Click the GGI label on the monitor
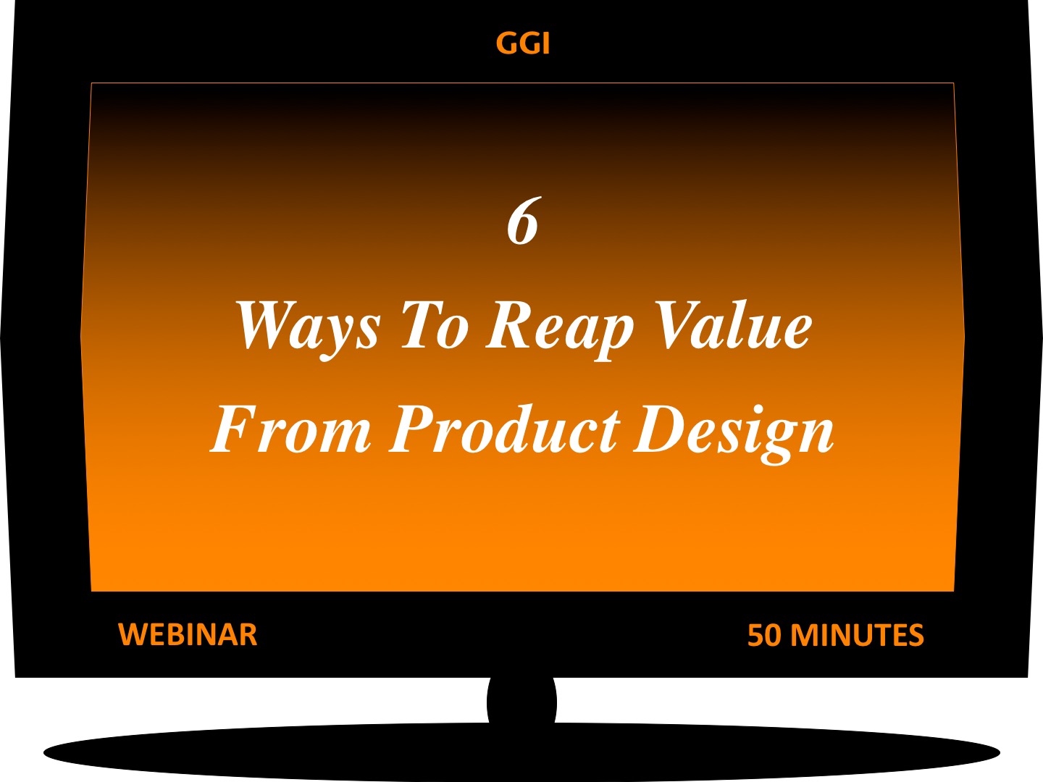[x=523, y=43]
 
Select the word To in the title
[x=435, y=326]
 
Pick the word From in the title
[x=290, y=429]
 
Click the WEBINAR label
[x=188, y=635]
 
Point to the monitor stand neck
[x=521, y=702]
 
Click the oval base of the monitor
[x=521, y=752]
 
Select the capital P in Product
[x=417, y=429]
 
